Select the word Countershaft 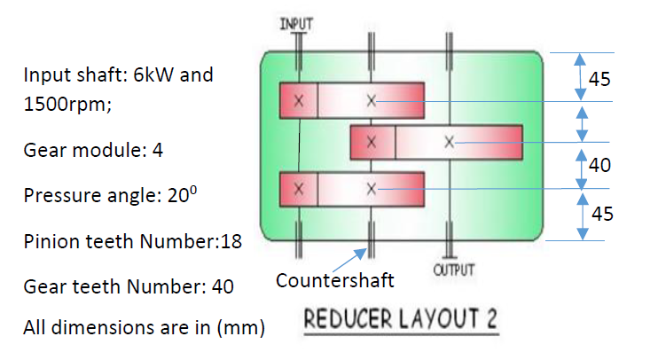334,281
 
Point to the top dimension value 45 599,79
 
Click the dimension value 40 599,164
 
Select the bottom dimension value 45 601,214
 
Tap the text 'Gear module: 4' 93,149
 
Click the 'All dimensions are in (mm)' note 144,327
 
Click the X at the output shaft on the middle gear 450,142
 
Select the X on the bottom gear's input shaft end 300,189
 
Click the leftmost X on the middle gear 372,142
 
